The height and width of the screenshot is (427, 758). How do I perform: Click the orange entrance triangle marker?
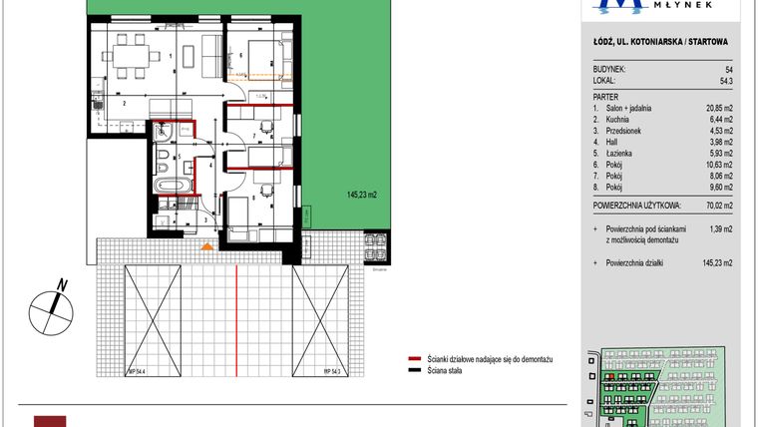point(206,245)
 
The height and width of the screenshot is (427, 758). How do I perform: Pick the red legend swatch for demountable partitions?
point(414,357)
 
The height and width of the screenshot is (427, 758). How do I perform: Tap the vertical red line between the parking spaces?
point(235,319)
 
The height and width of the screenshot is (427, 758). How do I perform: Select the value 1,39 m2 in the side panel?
point(716,230)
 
